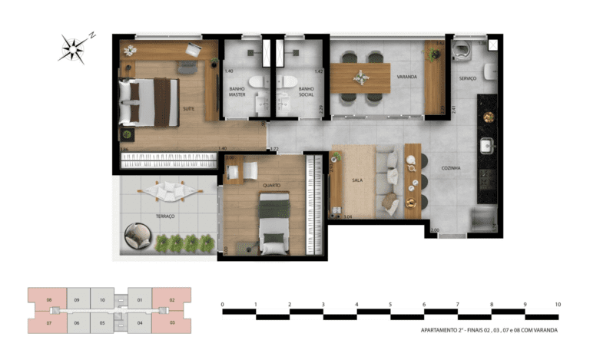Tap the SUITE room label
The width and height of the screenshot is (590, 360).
[188, 109]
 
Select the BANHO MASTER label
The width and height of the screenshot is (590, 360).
[237, 92]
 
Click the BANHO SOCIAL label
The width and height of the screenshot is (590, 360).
[307, 92]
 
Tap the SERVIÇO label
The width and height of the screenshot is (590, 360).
[469, 78]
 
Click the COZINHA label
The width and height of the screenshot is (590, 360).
[451, 167]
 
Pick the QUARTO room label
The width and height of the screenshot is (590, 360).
[270, 185]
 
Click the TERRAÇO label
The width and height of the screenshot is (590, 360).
[165, 216]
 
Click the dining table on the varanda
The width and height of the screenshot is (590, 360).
[361, 78]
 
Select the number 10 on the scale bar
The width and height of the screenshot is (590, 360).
[557, 305]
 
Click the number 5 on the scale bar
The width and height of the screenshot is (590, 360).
[389, 305]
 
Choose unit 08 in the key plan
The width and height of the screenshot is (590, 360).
[48, 299]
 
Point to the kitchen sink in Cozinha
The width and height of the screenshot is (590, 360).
[486, 145]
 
